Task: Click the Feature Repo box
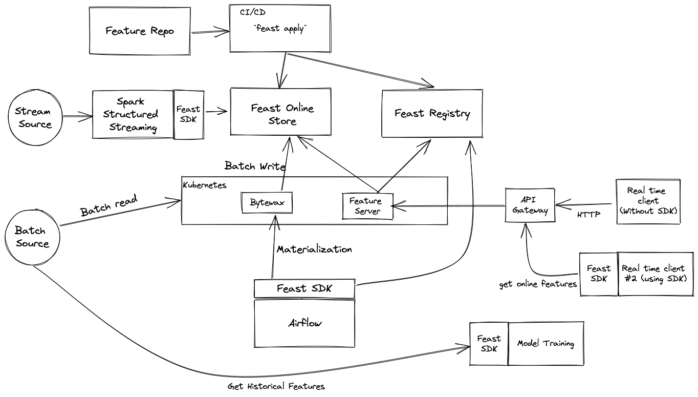click(139, 31)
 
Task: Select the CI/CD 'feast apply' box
click(279, 29)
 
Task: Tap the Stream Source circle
click(33, 117)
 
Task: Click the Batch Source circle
click(32, 237)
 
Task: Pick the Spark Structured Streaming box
click(133, 114)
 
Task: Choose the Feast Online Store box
click(282, 115)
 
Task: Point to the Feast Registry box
click(432, 114)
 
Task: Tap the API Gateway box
click(530, 205)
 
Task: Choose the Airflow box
click(304, 324)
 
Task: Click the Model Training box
click(546, 344)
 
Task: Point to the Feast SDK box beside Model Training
click(489, 344)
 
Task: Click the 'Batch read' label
click(108, 205)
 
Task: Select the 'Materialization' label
click(314, 249)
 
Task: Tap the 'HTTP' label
click(588, 215)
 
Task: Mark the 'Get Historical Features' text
click(276, 386)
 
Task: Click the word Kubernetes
click(204, 184)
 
